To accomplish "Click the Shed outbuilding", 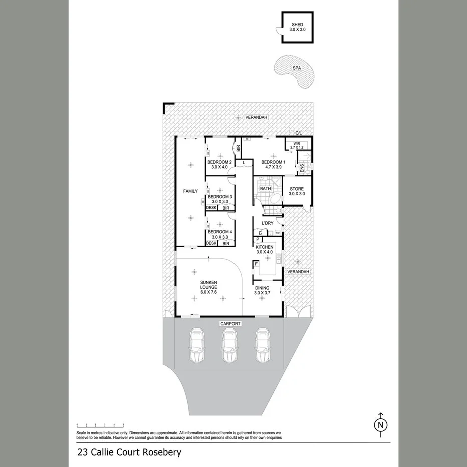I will coord(297,27).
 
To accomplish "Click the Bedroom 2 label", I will coord(219,164).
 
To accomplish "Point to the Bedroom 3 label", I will coord(219,199).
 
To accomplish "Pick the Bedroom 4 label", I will coord(219,235).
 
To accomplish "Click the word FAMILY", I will coord(190,191).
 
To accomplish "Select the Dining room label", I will coord(262,290).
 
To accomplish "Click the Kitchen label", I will coord(264,250).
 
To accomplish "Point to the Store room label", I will coord(297,191).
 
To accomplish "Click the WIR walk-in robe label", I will coord(297,145).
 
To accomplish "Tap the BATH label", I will coord(265,189).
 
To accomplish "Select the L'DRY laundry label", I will coord(268,223).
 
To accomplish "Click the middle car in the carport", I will coord(229,345).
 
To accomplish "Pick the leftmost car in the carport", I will coord(197,345).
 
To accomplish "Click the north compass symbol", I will coord(381,423).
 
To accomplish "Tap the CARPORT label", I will coord(230,324).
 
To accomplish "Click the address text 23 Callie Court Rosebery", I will coord(129,453).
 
